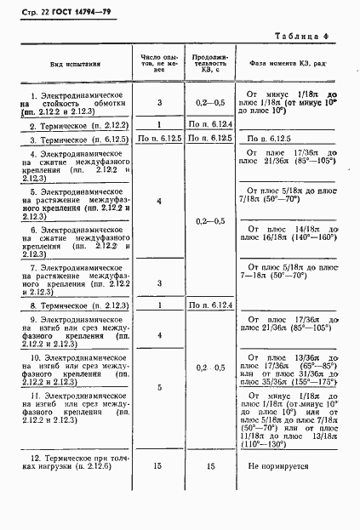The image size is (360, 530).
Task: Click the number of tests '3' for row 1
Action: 159,103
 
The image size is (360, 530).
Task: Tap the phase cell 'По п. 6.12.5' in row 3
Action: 268,139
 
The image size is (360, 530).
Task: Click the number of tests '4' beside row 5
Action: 159,201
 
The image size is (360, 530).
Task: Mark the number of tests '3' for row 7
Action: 159,282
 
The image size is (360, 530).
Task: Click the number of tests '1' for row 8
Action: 159,305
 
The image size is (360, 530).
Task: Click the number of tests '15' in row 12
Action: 159,466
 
